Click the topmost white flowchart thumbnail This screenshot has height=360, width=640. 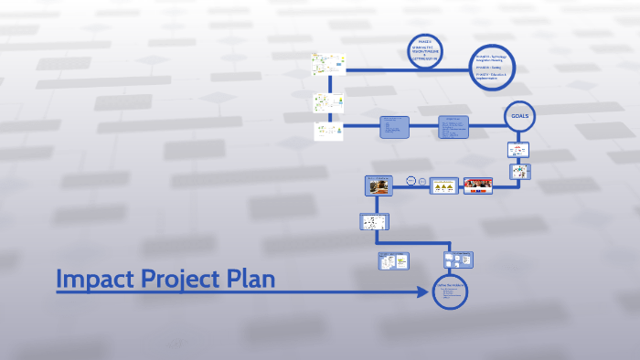coord(327,65)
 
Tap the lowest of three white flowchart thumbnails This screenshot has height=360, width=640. coord(327,131)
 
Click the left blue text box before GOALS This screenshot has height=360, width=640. coord(395,127)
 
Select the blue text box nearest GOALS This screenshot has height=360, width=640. coord(453,127)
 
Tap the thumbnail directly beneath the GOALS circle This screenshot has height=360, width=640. coord(518,149)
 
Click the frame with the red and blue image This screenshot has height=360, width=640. coord(477,185)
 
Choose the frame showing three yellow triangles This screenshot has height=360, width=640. coord(444,185)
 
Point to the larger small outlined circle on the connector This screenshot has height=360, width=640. coord(411,181)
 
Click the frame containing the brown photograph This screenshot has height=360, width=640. coord(379,185)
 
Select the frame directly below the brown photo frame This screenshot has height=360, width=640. coord(374,221)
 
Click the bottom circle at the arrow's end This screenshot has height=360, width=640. coord(450,293)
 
